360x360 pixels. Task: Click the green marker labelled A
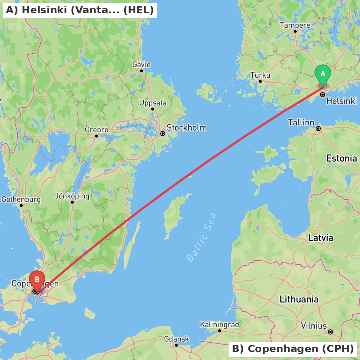(323, 74)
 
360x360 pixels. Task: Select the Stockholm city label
(186, 128)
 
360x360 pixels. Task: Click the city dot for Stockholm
(163, 134)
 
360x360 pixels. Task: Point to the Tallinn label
(301, 122)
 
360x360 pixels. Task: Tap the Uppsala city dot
(153, 109)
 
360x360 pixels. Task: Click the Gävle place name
(141, 65)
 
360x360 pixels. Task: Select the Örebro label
(96, 130)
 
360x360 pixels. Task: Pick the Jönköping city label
(72, 196)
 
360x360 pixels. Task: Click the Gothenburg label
(21, 199)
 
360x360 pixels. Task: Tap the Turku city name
(260, 75)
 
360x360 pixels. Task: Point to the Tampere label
(295, 25)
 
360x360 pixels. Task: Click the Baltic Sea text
(202, 237)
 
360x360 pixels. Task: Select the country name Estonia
(341, 158)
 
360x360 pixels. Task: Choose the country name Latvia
(320, 238)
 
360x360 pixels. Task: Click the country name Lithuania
(299, 299)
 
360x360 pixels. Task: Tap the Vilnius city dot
(330, 332)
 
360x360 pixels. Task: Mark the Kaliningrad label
(219, 325)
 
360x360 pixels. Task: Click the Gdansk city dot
(176, 345)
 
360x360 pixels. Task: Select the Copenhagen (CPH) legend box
(293, 349)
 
